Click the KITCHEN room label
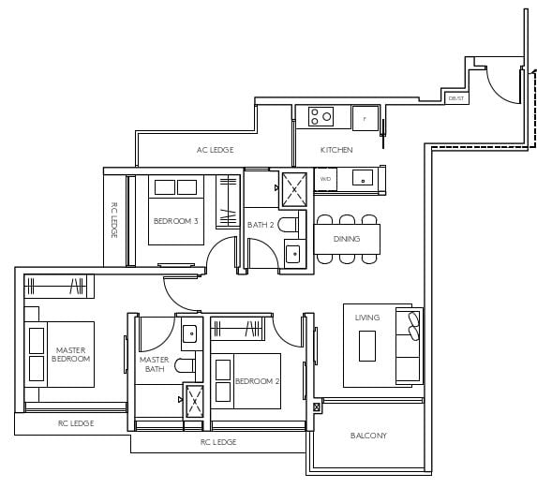pyautogui.click(x=336, y=150)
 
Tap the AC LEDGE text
pyautogui.click(x=215, y=150)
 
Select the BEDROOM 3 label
pyautogui.click(x=175, y=222)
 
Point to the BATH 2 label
pyautogui.click(x=261, y=225)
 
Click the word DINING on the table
pyautogui.click(x=347, y=239)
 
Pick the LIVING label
pyautogui.click(x=367, y=318)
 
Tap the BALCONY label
pyautogui.click(x=368, y=436)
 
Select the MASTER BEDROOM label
pyautogui.click(x=71, y=353)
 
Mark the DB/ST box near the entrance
pyautogui.click(x=456, y=97)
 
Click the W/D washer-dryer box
pyautogui.click(x=325, y=178)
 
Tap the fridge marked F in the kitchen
pyautogui.click(x=365, y=118)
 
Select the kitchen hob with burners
pyautogui.click(x=321, y=117)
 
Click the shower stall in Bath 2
pyautogui.click(x=295, y=187)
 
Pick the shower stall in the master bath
pyautogui.click(x=195, y=401)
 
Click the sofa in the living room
pyautogui.click(x=410, y=344)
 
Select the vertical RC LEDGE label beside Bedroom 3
pyautogui.click(x=114, y=220)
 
